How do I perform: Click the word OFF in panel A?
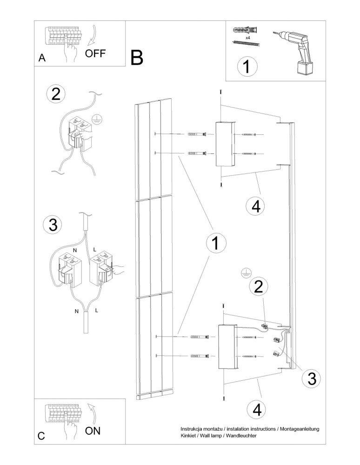point(95,53)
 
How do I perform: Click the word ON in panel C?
point(93,430)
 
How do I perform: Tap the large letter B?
point(137,58)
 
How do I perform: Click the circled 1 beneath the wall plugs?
point(247,66)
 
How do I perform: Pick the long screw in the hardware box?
point(245,43)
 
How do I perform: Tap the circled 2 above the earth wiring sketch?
point(56,94)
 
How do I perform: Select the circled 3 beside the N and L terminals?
point(52,225)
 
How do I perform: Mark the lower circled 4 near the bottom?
point(256,410)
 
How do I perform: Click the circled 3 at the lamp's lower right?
point(311,379)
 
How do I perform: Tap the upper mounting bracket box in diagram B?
point(225,144)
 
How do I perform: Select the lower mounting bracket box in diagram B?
point(228,346)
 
